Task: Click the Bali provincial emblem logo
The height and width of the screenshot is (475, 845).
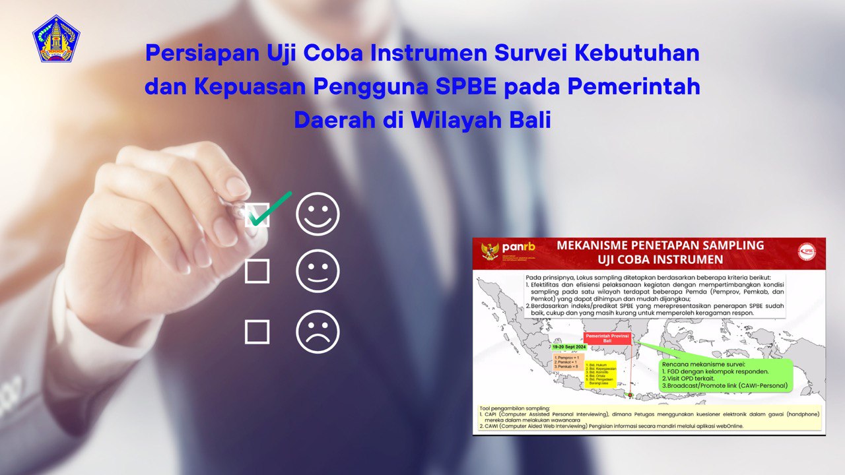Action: pos(56,38)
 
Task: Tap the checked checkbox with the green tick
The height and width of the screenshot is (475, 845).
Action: pos(257,214)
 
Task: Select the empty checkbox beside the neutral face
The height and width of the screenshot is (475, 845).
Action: pos(257,271)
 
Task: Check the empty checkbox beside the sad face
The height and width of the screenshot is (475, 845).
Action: pos(257,332)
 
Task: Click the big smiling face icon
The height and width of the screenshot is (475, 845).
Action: pos(318,214)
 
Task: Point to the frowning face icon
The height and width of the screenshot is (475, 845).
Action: pos(318,332)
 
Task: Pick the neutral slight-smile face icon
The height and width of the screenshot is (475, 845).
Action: pos(318,271)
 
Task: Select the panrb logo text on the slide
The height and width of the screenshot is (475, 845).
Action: pos(518,248)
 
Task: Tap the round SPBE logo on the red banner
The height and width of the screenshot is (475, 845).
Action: pos(806,250)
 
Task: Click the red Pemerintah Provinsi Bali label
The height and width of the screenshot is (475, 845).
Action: pos(607,338)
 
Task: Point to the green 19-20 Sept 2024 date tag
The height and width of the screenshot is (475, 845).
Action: pos(570,346)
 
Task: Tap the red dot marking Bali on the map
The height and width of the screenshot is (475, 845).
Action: pos(630,395)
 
